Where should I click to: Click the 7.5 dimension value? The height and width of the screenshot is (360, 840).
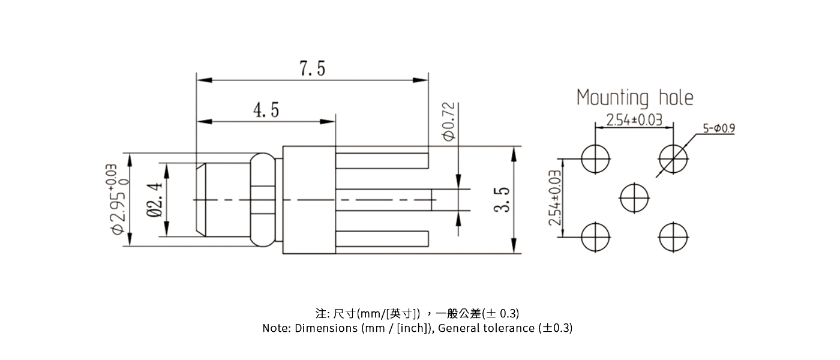tap(312, 69)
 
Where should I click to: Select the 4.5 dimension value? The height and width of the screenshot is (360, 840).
tap(266, 110)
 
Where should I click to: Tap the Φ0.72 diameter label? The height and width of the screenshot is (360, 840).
tap(449, 122)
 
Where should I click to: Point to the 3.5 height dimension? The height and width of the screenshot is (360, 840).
tap(503, 199)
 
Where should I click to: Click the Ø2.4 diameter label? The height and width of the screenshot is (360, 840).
tap(154, 199)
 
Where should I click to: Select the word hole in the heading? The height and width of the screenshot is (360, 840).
tap(676, 97)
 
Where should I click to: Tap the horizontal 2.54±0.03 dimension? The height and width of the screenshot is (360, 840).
tap(634, 119)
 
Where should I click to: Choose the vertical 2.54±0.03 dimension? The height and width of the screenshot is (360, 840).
tap(555, 197)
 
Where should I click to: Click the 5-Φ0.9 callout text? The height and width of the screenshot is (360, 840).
tap(719, 128)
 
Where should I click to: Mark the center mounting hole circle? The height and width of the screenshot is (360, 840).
tap(634, 197)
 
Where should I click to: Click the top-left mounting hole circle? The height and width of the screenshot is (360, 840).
tap(596, 158)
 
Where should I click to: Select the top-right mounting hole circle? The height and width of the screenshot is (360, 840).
tap(673, 158)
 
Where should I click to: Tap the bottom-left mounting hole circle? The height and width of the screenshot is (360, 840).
tap(596, 236)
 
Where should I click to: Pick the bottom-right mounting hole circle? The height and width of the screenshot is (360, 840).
tap(673, 236)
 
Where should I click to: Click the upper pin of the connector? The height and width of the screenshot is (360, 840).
tap(382, 161)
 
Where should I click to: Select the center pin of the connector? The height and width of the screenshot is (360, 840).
tap(384, 199)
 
